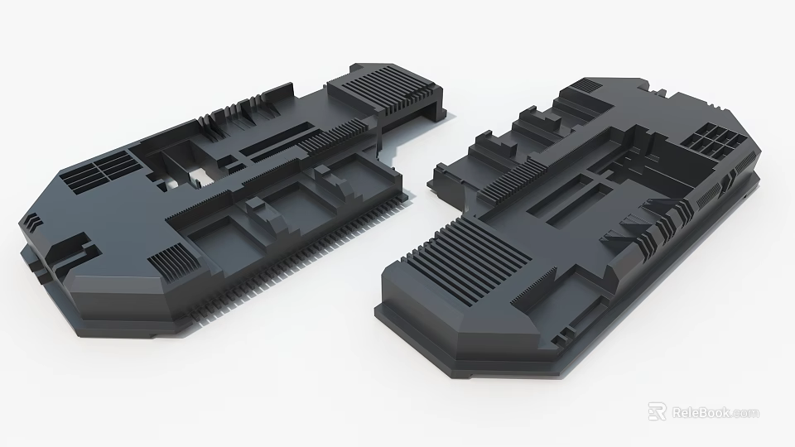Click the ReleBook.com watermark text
tap(715, 412)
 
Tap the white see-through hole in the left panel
tap(199, 175)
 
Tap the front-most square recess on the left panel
tap(214, 240)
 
